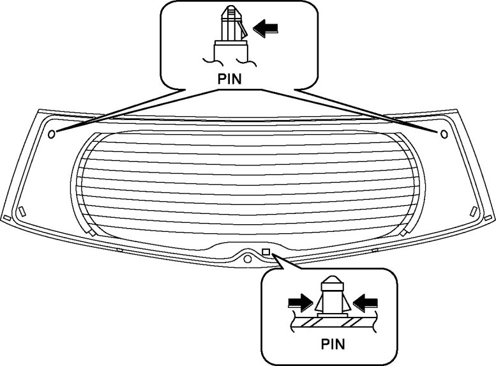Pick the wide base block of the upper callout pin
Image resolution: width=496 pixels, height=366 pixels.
point(229,50)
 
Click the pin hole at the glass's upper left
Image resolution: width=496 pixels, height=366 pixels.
point(52,133)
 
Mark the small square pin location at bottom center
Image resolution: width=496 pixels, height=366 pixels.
point(267,250)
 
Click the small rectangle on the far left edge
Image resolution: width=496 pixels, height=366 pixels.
point(6,218)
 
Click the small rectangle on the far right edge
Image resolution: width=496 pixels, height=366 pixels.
point(490,218)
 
